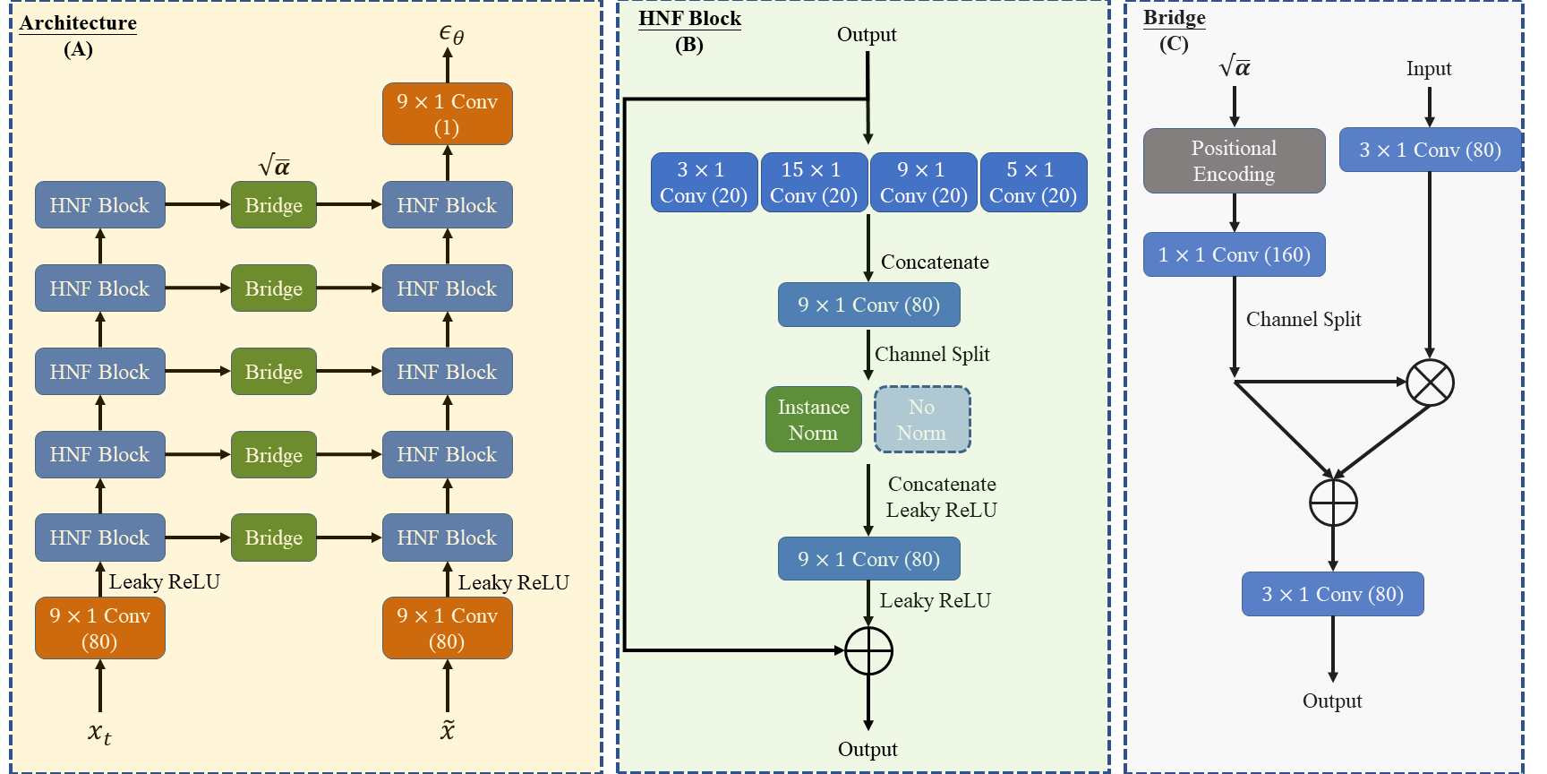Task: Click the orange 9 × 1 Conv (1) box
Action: pos(447,114)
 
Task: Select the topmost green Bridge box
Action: pos(274,205)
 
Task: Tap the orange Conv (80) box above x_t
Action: pos(99,628)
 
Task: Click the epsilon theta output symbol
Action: pos(450,34)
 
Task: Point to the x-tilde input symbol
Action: pos(448,729)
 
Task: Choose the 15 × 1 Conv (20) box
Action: pos(813,183)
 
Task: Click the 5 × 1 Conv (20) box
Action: pos(1033,183)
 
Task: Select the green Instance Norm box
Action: pos(813,419)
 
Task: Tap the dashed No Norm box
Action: pos(922,419)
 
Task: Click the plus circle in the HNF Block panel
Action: pos(868,650)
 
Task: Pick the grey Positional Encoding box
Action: pos(1234,160)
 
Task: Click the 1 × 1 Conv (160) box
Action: pos(1234,255)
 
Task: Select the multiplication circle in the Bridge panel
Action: pos(1430,383)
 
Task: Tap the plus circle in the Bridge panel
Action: pos(1333,503)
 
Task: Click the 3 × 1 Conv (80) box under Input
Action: pos(1430,150)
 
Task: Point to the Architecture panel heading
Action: pos(78,23)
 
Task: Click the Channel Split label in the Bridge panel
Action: pos(1303,320)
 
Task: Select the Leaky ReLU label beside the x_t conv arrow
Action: pos(164,582)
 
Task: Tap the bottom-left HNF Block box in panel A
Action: pos(99,537)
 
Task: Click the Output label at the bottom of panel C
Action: pos(1332,701)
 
